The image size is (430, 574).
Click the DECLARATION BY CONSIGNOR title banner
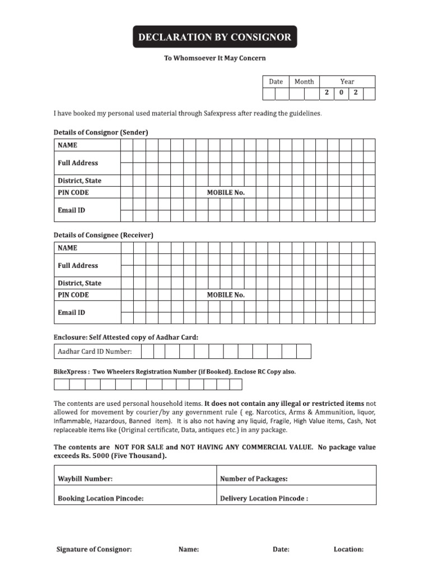tap(215, 37)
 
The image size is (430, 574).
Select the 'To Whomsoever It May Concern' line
tap(214, 58)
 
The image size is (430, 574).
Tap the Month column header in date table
tap(304, 81)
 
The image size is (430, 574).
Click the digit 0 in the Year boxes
tap(341, 93)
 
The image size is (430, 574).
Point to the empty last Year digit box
tap(368, 93)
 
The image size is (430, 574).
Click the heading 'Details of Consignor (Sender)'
tap(101, 132)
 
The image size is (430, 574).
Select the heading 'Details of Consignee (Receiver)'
tap(104, 235)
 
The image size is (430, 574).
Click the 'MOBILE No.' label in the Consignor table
tap(226, 192)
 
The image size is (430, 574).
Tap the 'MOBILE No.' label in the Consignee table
tap(226, 295)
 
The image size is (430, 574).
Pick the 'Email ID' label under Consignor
tap(72, 210)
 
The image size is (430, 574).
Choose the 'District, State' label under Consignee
tap(80, 283)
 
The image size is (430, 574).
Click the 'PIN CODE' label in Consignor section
tap(73, 192)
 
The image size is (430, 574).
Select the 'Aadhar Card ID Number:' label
tap(95, 351)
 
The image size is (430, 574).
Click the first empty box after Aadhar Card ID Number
tap(148, 351)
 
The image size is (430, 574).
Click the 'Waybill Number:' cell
tap(85, 479)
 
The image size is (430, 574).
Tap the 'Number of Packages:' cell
tap(254, 479)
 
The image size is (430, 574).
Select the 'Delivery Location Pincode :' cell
tap(264, 498)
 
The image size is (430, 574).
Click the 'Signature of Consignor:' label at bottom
tap(94, 549)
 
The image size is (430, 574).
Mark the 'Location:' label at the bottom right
tap(348, 549)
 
